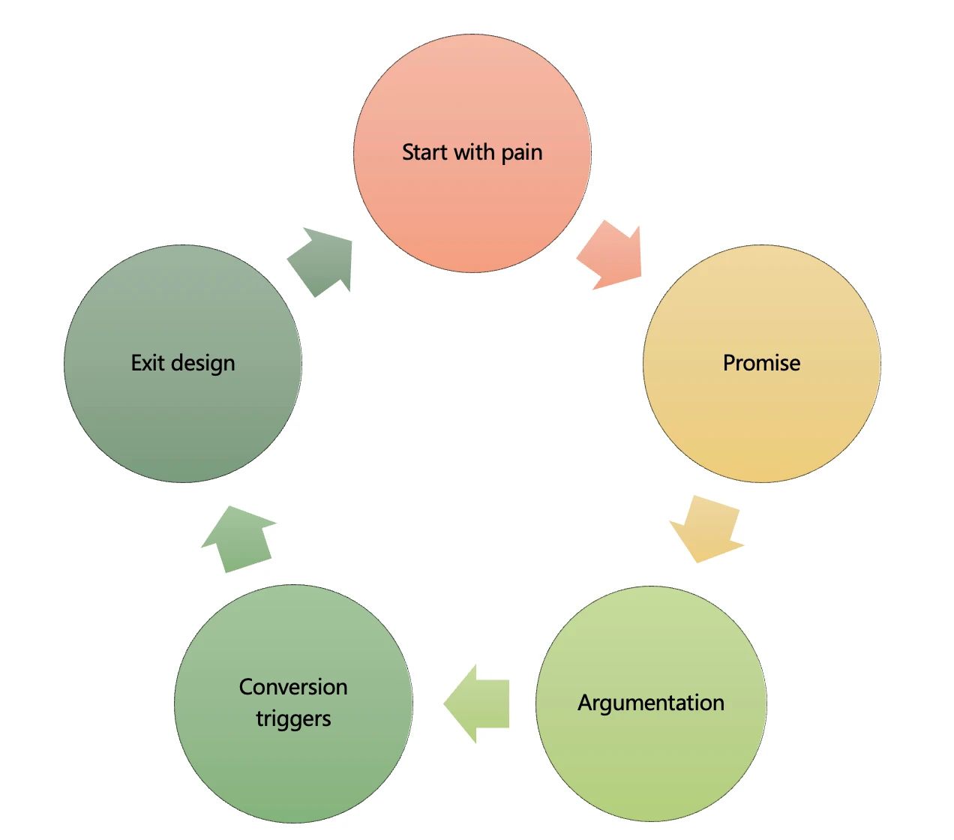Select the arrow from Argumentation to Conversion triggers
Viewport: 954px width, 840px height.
click(x=477, y=703)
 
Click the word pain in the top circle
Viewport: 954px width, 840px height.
click(x=522, y=153)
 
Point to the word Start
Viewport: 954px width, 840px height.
click(x=424, y=152)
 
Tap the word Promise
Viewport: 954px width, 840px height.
click(x=761, y=363)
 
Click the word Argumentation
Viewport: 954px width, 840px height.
click(x=651, y=703)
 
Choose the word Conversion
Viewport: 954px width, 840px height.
click(x=293, y=687)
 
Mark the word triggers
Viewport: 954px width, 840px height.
click(x=293, y=718)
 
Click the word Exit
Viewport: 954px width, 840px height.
click(x=147, y=363)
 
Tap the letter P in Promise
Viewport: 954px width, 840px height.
click(x=728, y=363)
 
